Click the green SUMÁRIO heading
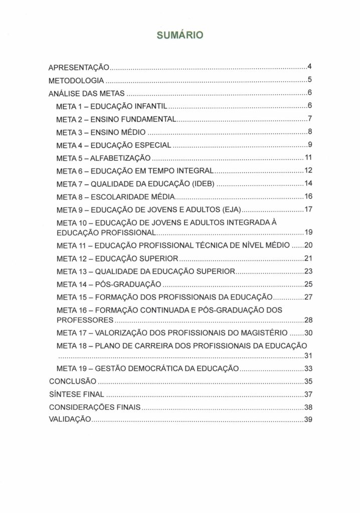click(x=179, y=36)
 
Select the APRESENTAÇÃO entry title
click(x=79, y=67)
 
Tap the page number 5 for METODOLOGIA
click(x=310, y=80)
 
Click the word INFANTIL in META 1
click(x=152, y=106)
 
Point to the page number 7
click(x=310, y=119)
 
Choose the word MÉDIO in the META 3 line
click(x=133, y=132)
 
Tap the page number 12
click(x=308, y=171)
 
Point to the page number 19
click(x=308, y=232)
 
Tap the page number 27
click(x=308, y=297)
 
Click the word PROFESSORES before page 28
click(x=85, y=320)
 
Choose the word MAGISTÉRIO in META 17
click(x=263, y=333)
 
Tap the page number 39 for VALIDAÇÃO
click(x=308, y=420)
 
